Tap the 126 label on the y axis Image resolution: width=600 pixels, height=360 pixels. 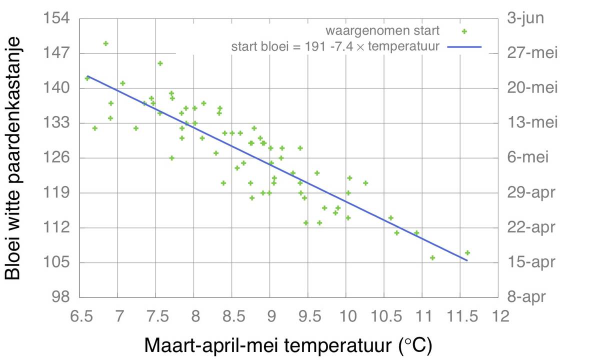(58, 158)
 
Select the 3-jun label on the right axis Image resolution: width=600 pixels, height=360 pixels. (526, 18)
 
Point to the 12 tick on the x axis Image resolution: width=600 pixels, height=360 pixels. (497, 316)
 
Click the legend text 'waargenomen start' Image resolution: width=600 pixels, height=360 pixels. (382, 30)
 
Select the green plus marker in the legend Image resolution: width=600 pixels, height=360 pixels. (464, 31)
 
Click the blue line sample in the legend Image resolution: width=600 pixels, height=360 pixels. (464, 47)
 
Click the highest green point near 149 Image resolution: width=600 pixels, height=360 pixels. (105, 43)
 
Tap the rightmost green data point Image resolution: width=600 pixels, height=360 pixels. (467, 252)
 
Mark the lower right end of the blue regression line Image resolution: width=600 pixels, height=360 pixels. (467, 260)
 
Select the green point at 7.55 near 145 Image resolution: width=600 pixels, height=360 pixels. (160, 63)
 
